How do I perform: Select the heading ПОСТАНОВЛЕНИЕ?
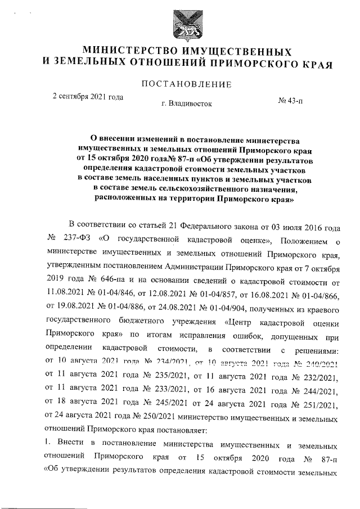[x=186, y=85]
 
